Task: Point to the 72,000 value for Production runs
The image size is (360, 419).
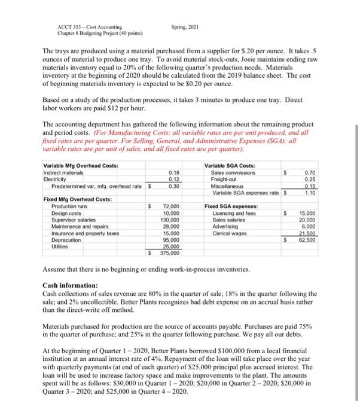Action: pyautogui.click(x=172, y=205)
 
